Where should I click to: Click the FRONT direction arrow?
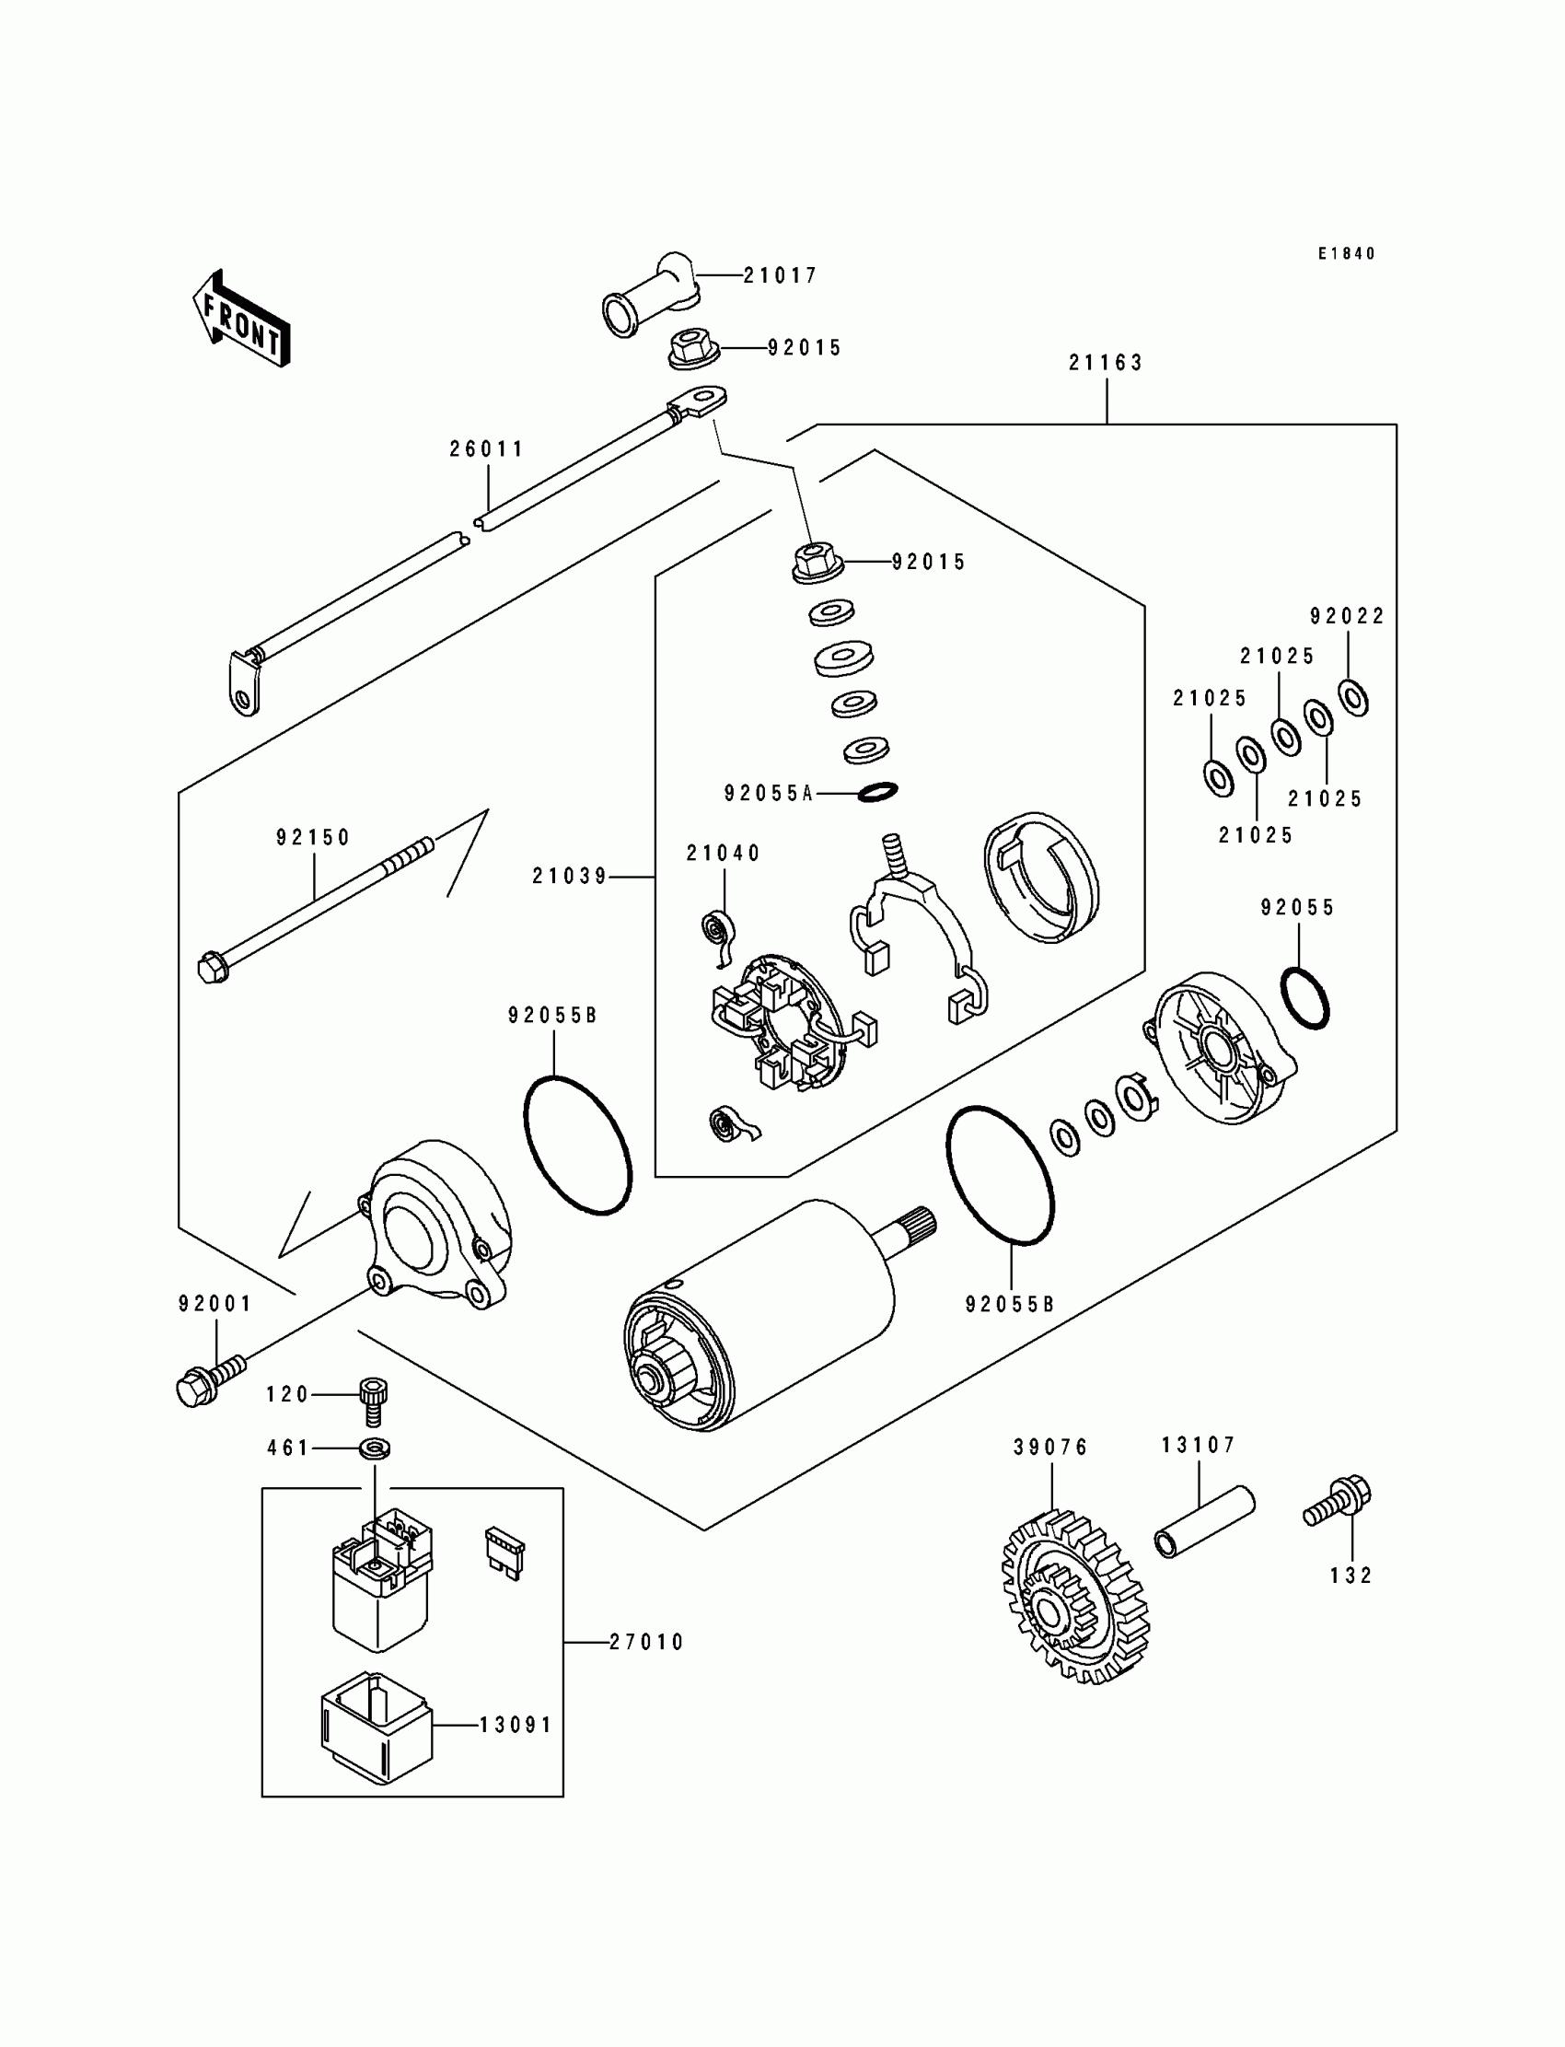241,319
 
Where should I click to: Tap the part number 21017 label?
781,276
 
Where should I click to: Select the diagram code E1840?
1346,253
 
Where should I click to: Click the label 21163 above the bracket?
1106,363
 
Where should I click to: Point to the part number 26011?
487,449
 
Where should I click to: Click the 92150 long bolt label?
313,838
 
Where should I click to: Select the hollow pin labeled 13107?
1204,1522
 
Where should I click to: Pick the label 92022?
1348,616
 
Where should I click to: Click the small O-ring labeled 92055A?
876,791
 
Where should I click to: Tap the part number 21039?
570,877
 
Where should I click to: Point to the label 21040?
724,854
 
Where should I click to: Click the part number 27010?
646,1643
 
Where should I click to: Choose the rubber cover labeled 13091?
377,1727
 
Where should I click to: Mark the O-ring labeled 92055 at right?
1304,999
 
